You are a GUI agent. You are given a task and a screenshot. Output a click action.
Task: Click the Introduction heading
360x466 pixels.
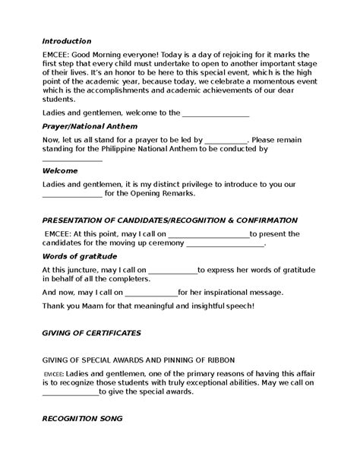(67, 41)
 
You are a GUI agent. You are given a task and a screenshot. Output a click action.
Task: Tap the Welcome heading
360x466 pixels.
(60, 171)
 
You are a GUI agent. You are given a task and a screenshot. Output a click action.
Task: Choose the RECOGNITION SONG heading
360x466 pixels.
(82, 419)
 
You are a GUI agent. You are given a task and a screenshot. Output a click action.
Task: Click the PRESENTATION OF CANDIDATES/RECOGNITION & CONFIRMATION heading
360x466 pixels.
(169, 220)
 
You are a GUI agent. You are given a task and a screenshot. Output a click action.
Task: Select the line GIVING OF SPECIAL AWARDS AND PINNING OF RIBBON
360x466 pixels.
(139, 359)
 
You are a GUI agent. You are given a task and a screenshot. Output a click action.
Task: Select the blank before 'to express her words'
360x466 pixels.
(172, 270)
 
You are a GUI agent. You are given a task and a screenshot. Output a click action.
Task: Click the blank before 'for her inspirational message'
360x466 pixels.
(150, 293)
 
